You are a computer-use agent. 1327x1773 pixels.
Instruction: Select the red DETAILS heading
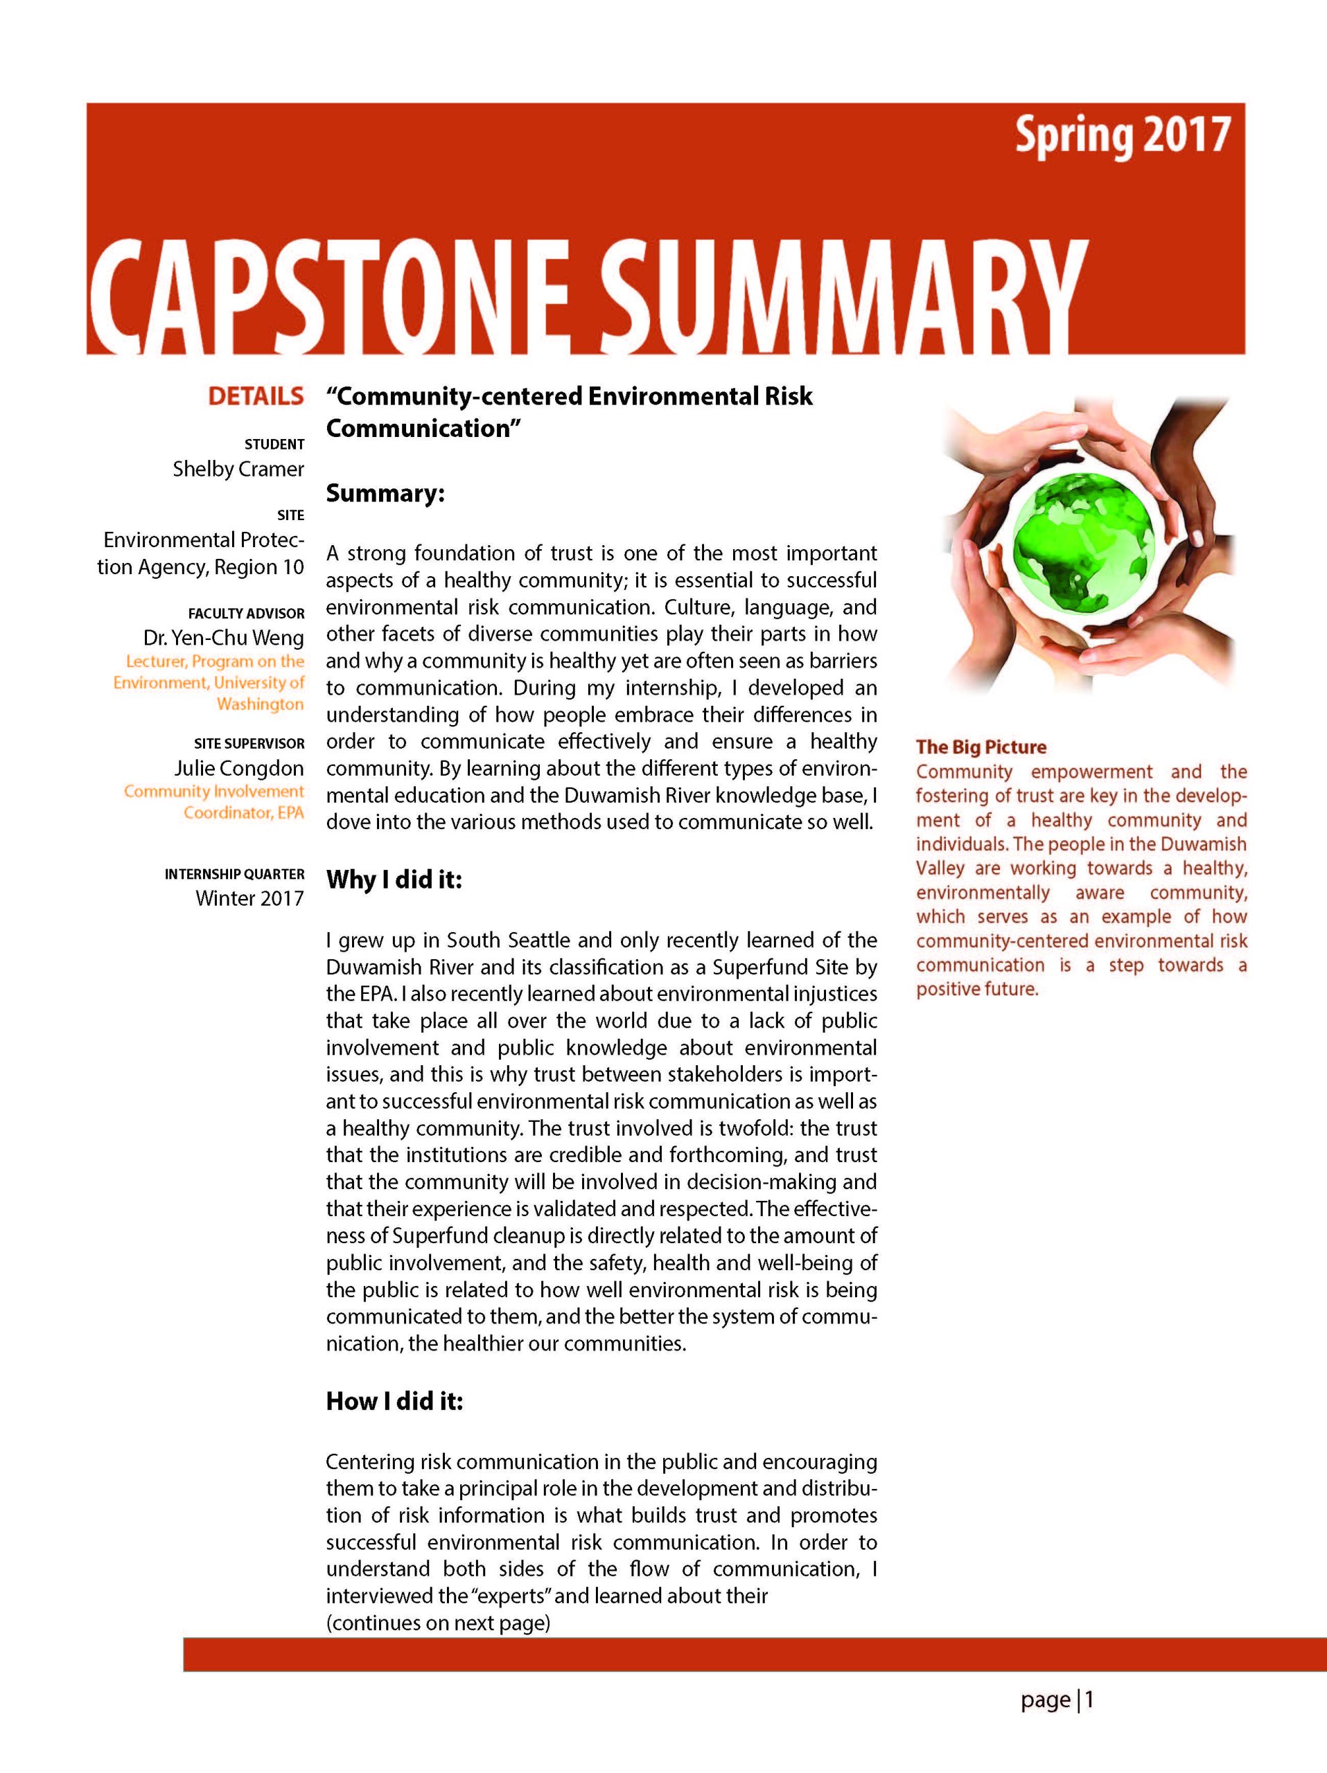click(x=256, y=396)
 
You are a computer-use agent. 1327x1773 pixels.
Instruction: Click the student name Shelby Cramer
click(x=238, y=469)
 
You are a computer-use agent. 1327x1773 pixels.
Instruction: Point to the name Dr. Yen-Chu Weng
click(x=224, y=638)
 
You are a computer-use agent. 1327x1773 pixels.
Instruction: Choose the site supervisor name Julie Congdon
click(x=239, y=768)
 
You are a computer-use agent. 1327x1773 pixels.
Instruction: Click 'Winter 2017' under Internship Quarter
click(x=249, y=898)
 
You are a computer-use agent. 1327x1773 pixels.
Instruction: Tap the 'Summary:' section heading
click(x=385, y=493)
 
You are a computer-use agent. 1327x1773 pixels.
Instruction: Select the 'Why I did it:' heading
click(x=394, y=880)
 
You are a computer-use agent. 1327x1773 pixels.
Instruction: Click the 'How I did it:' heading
click(x=394, y=1401)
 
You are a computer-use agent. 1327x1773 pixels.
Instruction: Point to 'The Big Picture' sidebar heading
click(x=981, y=747)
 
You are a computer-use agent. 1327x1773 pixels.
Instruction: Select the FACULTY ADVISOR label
click(x=246, y=613)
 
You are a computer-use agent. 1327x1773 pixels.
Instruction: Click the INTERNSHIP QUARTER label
click(x=234, y=873)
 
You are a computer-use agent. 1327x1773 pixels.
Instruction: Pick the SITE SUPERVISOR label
click(x=249, y=743)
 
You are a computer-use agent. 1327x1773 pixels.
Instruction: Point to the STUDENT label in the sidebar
click(x=274, y=444)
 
